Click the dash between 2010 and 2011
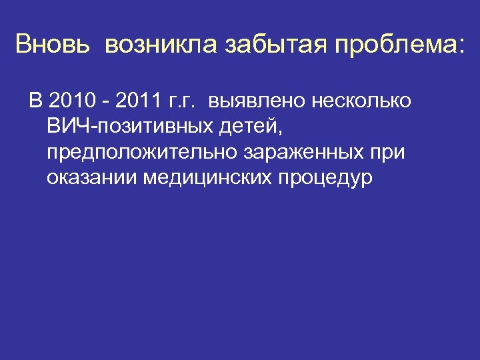point(107,103)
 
